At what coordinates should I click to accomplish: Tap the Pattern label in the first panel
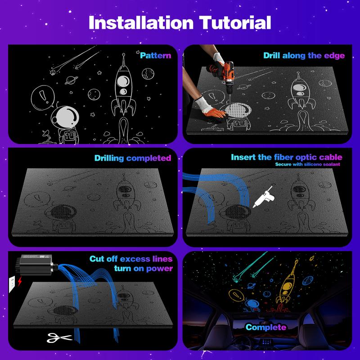pos(155,56)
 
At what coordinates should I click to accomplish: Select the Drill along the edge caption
pos(304,56)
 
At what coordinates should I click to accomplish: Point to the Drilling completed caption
pos(133,158)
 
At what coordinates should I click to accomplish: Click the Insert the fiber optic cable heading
pos(286,157)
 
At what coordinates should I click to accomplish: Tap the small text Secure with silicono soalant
pos(308,165)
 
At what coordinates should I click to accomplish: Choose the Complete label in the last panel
pos(265,327)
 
